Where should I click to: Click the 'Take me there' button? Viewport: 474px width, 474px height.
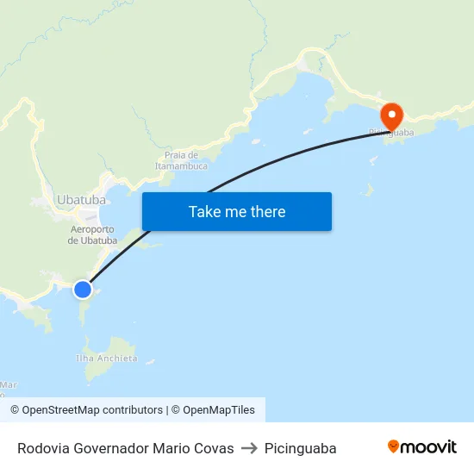tap(237, 211)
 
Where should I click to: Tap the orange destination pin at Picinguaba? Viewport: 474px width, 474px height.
tap(391, 115)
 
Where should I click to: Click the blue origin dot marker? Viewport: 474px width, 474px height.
tap(83, 290)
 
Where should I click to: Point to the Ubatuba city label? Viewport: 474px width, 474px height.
tap(81, 200)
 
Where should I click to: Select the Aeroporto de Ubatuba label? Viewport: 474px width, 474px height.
tap(92, 234)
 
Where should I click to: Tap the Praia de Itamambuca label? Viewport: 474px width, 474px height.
tap(181, 159)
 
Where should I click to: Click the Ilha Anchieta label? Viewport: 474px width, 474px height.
tap(106, 358)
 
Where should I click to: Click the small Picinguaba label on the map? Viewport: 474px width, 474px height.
tap(391, 133)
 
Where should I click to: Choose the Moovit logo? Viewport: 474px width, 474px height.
tap(422, 447)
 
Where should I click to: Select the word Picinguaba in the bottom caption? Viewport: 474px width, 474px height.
tap(300, 449)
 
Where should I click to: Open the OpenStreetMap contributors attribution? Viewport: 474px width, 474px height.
tap(86, 410)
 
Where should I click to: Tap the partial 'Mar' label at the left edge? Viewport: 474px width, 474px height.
tap(9, 384)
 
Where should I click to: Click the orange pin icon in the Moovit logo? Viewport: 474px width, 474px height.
tap(394, 446)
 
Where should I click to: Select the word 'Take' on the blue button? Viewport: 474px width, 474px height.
tap(204, 211)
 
